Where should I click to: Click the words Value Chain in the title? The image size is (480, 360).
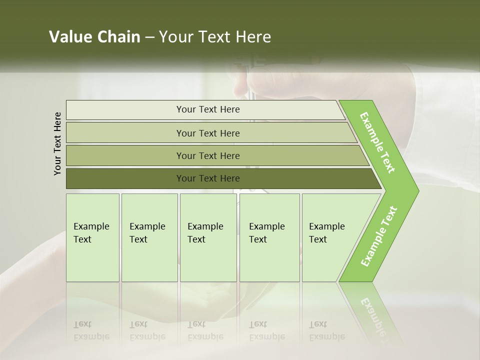click(x=94, y=37)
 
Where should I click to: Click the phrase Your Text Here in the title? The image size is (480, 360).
click(x=215, y=37)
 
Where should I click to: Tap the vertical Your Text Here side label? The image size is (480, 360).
click(x=58, y=143)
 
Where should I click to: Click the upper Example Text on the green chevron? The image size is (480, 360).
click(x=377, y=142)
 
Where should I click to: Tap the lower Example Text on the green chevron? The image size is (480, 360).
click(x=379, y=236)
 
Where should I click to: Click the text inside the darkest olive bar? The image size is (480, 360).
click(x=208, y=178)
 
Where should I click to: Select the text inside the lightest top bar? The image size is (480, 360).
click(x=208, y=109)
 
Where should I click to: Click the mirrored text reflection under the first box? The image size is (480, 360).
click(x=91, y=330)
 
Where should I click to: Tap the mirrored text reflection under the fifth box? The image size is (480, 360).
click(x=327, y=330)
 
